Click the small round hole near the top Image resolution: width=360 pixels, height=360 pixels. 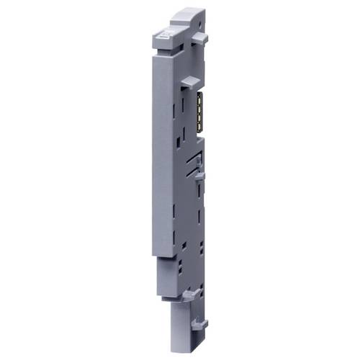[193, 30]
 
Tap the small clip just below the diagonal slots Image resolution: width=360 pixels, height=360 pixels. [198, 174]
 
